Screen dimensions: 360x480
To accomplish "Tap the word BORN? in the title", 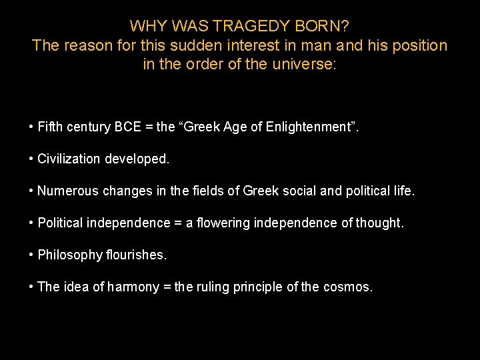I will coord(327,26).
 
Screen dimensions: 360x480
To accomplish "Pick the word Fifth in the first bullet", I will coord(49,127).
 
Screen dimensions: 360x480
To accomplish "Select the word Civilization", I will coord(68,159).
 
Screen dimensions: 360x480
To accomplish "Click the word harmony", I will coord(134,287).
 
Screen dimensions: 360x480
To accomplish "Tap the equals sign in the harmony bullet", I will coord(167,287).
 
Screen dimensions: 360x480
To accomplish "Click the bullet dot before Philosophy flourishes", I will coord(31,255).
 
